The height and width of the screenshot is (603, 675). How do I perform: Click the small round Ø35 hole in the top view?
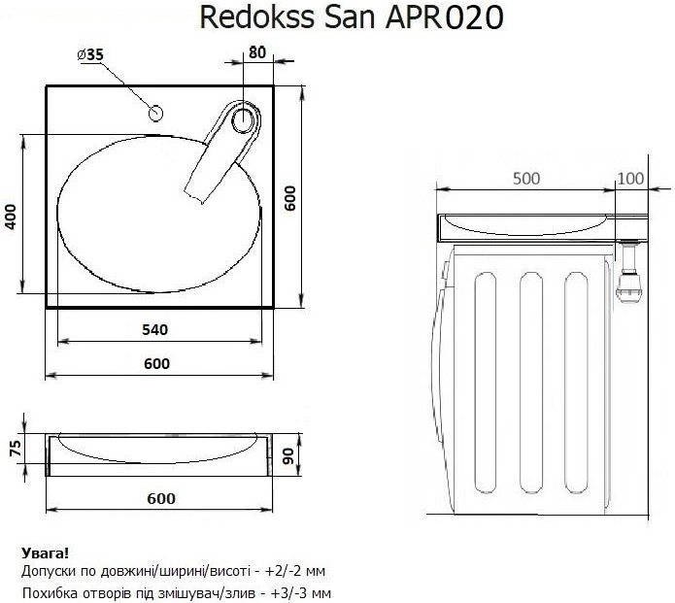(x=154, y=112)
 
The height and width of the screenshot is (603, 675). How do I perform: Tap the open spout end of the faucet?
(x=193, y=194)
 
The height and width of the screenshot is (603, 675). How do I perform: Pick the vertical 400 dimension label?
(x=11, y=216)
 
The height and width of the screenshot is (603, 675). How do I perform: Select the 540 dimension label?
(x=155, y=330)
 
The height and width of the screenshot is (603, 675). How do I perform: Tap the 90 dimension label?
(x=289, y=457)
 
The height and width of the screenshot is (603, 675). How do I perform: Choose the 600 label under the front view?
(x=161, y=498)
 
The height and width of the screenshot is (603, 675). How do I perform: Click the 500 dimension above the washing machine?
(x=526, y=179)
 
